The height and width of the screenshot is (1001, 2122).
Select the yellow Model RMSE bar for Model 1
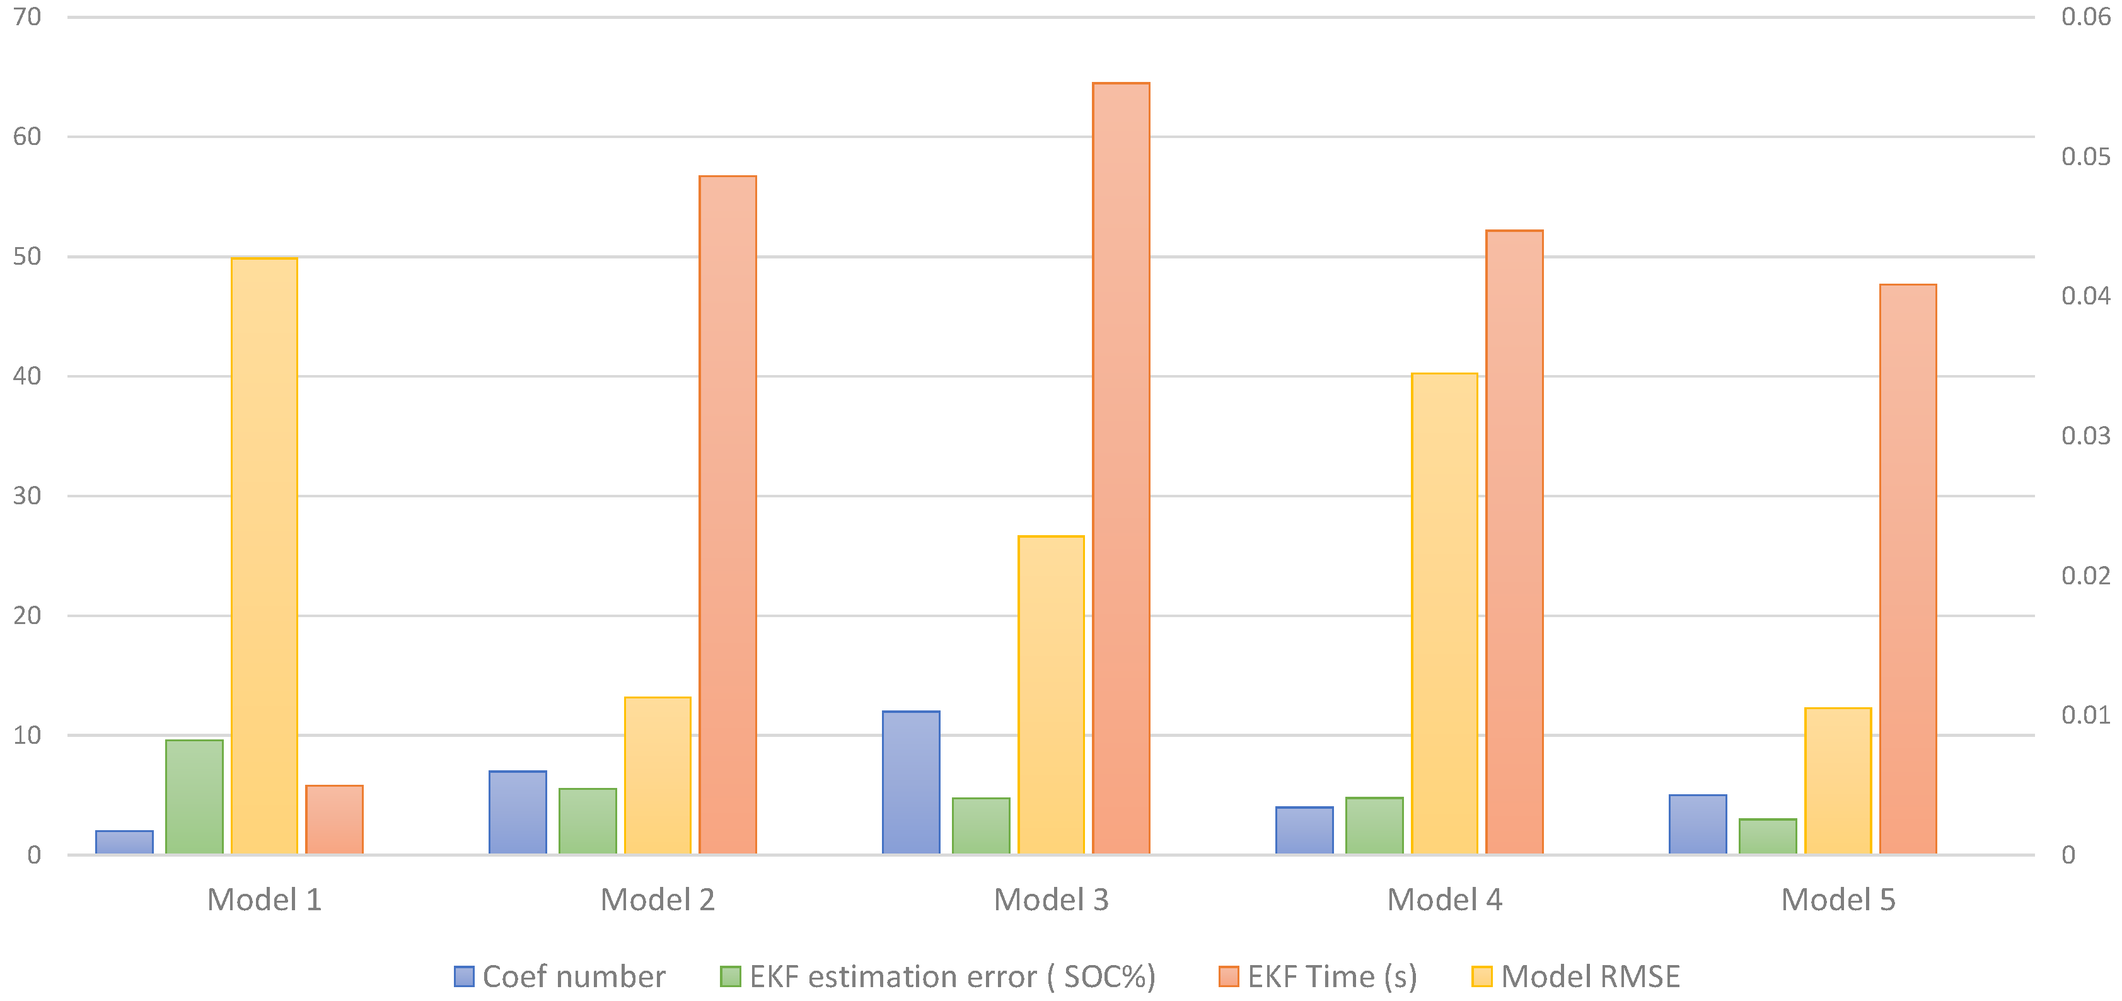[x=264, y=556]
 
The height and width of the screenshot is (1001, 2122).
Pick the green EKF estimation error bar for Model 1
[x=194, y=797]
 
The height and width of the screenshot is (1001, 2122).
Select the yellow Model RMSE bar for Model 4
[x=1444, y=614]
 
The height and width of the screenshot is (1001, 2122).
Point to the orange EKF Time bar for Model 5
[x=1907, y=569]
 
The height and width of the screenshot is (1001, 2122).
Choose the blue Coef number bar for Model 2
[x=518, y=813]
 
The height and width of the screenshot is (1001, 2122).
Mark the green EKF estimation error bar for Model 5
[x=1768, y=836]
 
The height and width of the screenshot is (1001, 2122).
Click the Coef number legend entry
[x=560, y=976]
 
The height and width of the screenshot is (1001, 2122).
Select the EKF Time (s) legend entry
[x=1318, y=976]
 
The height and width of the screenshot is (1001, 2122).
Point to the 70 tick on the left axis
[x=27, y=16]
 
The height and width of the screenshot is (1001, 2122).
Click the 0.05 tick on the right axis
[x=2085, y=156]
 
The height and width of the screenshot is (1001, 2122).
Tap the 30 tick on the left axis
[x=27, y=495]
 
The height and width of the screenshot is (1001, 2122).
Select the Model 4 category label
[x=1444, y=900]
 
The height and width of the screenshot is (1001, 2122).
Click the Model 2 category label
[x=658, y=900]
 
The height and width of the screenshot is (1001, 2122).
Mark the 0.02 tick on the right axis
[x=2085, y=575]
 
